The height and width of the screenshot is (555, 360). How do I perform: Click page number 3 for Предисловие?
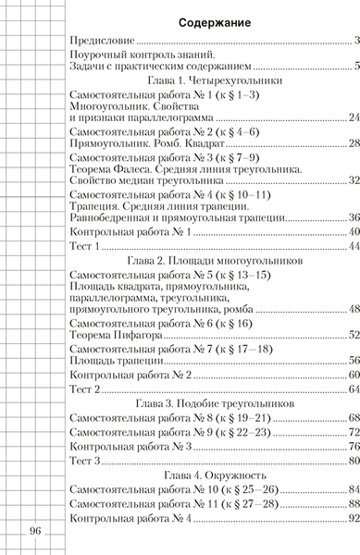(x=356, y=42)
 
